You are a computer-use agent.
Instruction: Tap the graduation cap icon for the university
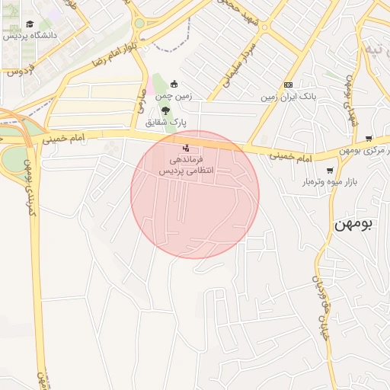[30, 24]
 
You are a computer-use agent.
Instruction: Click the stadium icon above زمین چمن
[174, 85]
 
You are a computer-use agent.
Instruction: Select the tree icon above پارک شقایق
[166, 110]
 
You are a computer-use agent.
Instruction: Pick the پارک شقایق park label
[166, 122]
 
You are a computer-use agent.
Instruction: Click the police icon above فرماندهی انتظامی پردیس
[187, 147]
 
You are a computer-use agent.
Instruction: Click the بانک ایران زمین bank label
[289, 97]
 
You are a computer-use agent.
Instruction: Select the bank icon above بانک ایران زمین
[288, 85]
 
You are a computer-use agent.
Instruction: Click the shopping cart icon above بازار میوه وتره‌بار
[330, 170]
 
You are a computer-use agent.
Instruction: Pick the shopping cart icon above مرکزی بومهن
[369, 139]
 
